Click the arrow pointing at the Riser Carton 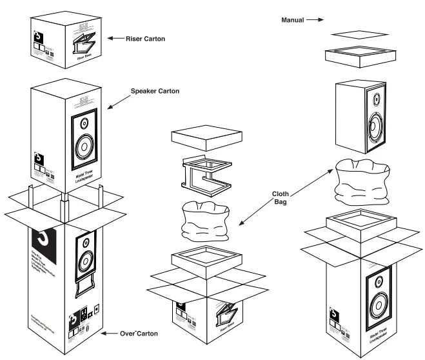pyautogui.click(x=116, y=39)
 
